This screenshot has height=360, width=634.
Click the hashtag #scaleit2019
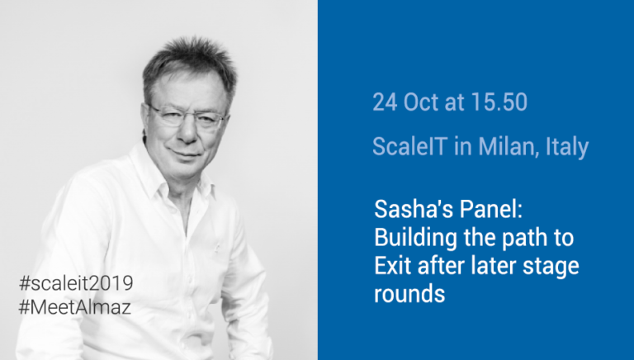(x=76, y=283)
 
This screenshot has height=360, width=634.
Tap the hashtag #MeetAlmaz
(x=75, y=307)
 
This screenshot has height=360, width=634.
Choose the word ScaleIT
(x=410, y=146)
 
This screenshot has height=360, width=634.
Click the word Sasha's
(x=410, y=210)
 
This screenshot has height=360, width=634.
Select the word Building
(x=416, y=239)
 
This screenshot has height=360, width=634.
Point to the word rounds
(x=409, y=294)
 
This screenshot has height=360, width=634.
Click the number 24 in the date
(x=385, y=102)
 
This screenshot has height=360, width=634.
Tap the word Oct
(x=421, y=102)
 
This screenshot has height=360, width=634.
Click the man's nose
(x=187, y=130)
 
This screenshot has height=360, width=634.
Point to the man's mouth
(x=184, y=154)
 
